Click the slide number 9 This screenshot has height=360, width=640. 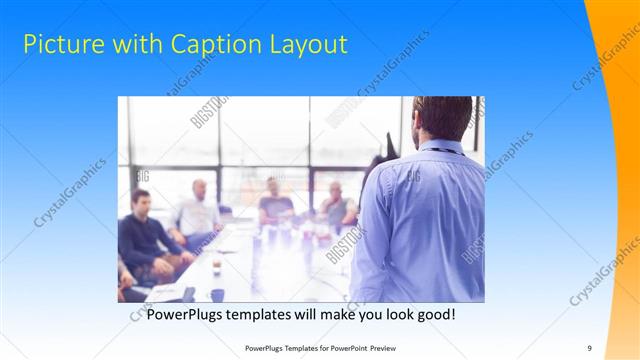589,348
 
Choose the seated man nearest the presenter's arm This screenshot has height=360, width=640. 337,205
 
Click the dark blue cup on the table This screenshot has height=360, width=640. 217,294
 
